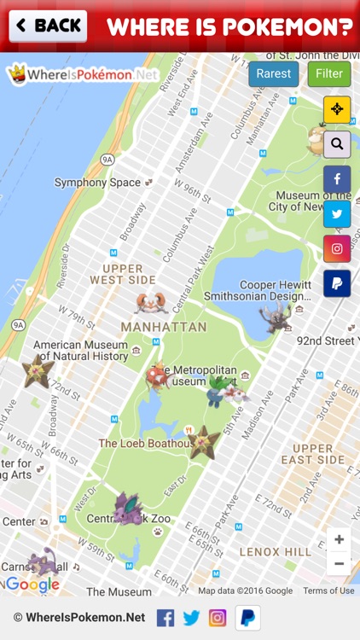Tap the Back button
click(x=48, y=26)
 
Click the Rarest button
click(x=273, y=74)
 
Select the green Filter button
click(x=329, y=74)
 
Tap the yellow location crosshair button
click(x=337, y=109)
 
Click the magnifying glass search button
click(x=337, y=144)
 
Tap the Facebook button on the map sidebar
click(x=337, y=179)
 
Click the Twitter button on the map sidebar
click(x=337, y=214)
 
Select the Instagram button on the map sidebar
click(x=337, y=249)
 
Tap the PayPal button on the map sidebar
click(x=337, y=284)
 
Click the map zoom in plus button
click(x=339, y=539)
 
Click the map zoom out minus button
click(x=339, y=563)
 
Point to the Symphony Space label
click(x=97, y=183)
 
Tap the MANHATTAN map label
click(x=164, y=327)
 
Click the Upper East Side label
click(x=313, y=454)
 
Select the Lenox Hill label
click(x=276, y=552)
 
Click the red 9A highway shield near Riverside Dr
click(x=107, y=160)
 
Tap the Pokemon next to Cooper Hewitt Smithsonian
click(x=275, y=317)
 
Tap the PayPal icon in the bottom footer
click(x=248, y=617)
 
